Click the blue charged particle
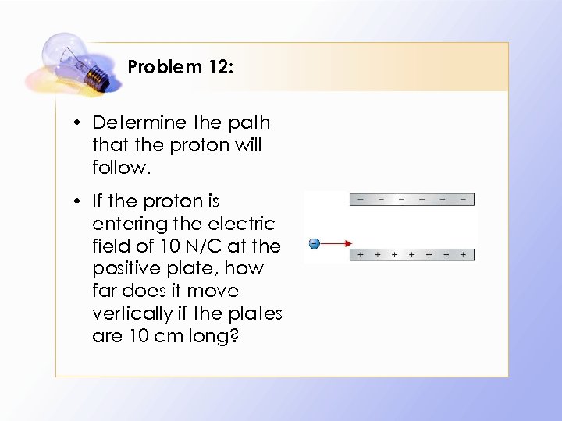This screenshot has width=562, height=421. (313, 243)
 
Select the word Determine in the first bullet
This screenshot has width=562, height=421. (140, 122)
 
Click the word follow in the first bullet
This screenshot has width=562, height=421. (119, 168)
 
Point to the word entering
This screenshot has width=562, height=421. (125, 224)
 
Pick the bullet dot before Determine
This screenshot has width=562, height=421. (80, 123)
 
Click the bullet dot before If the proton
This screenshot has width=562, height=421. (80, 202)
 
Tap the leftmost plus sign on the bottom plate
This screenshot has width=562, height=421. (361, 255)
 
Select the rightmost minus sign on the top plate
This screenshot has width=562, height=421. (464, 200)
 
